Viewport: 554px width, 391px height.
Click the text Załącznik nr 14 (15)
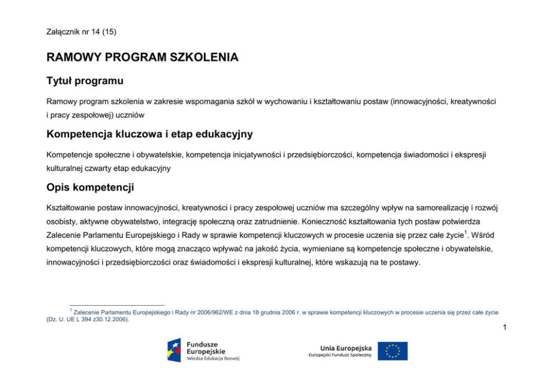[82, 32]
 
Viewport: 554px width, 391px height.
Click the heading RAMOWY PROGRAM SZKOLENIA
[142, 57]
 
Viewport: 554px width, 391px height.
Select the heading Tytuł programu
[85, 81]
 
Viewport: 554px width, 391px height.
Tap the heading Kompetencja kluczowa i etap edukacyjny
[150, 134]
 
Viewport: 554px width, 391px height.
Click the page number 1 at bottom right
[504, 328]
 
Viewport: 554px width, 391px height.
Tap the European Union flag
[393, 351]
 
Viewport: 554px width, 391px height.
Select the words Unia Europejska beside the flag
[346, 347]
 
